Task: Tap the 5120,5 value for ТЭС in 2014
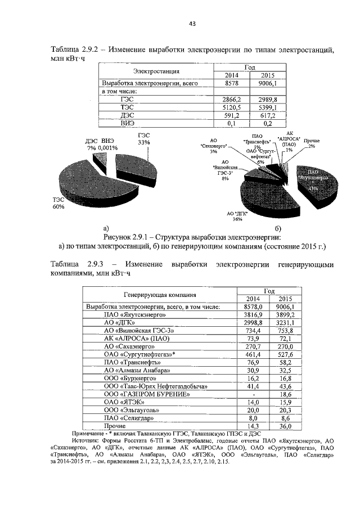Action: [x=230, y=106]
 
